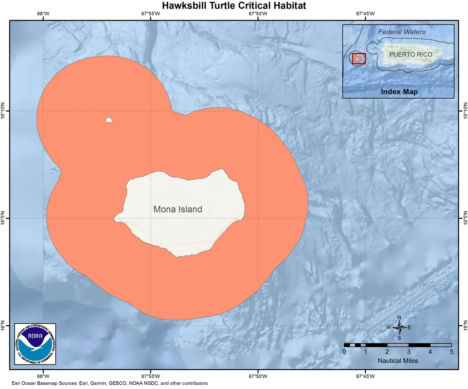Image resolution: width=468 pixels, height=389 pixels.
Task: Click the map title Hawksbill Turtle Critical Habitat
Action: pos(234,6)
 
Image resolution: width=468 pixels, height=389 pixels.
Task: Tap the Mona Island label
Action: pos(178,209)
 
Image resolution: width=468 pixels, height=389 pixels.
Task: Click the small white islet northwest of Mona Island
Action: pos(109,120)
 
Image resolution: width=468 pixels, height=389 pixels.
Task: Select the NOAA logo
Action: pos(35,344)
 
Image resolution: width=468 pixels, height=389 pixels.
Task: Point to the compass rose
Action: pos(399,328)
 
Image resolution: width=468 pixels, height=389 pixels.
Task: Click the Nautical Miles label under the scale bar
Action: pos(398,360)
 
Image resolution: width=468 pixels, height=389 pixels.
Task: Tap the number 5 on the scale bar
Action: pos(452,352)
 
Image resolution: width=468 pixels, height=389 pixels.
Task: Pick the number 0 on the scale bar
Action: pos(344,352)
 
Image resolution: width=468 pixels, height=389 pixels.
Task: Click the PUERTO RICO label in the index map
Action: pos(411,54)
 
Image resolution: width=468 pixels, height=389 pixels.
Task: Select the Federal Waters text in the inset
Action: pos(402,32)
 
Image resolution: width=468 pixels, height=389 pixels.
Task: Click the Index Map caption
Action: pos(399,92)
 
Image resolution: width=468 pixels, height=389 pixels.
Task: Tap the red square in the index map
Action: pos(359,58)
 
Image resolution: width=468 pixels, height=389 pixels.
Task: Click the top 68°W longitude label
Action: pos(43,14)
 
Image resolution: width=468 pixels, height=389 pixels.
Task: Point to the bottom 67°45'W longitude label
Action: pos(365,376)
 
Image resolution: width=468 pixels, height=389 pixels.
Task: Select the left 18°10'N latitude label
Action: pos(4,110)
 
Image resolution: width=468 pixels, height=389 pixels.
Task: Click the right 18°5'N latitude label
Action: pos(465,218)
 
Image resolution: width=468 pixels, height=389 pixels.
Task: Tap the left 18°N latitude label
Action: pos(4,325)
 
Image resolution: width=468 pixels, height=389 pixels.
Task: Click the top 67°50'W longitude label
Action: pos(258,14)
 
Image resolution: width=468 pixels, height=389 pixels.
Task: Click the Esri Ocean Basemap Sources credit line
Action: pos(110,383)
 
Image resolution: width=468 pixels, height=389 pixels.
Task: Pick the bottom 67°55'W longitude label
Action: pos(150,376)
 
